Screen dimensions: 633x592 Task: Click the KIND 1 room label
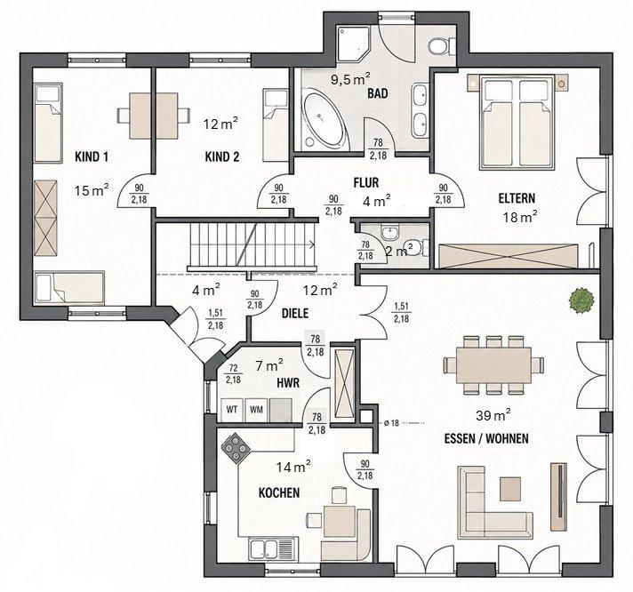point(92,156)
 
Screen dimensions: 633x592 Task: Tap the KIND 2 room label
point(222,156)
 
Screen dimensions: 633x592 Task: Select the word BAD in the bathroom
point(378,93)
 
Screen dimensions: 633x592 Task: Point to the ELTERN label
point(517,198)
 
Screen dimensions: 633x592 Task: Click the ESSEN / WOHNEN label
point(486,438)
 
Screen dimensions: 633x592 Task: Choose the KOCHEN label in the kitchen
point(279,492)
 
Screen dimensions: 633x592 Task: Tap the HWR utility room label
point(288,382)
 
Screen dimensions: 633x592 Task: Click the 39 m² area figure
point(493,415)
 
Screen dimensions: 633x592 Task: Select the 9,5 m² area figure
point(351,78)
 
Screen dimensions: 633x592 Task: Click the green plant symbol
point(581,300)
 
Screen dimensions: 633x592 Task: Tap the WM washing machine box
point(256,410)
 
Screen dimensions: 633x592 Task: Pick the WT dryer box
point(232,410)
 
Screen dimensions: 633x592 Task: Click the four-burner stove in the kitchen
point(236,447)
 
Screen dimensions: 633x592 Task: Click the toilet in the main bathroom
point(441,46)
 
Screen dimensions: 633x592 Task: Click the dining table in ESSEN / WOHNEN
point(493,365)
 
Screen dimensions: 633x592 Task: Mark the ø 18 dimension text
point(391,423)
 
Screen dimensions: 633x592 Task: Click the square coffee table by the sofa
point(510,488)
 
